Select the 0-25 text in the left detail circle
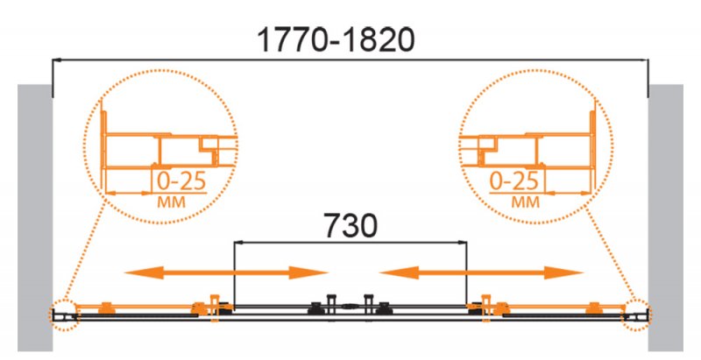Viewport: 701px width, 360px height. point(181,181)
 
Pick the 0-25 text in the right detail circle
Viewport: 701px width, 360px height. point(513,181)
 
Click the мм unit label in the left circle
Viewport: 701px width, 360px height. point(171,202)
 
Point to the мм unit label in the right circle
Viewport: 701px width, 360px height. point(526,202)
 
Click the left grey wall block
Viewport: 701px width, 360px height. point(35,217)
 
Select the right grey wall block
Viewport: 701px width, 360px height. point(666,217)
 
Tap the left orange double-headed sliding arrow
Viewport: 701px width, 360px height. point(226,272)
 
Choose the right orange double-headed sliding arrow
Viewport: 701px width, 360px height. point(481,272)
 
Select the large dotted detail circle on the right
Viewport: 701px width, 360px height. point(536,146)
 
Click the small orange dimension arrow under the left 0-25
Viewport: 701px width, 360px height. point(129,194)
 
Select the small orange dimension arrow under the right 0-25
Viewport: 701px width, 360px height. point(569,194)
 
